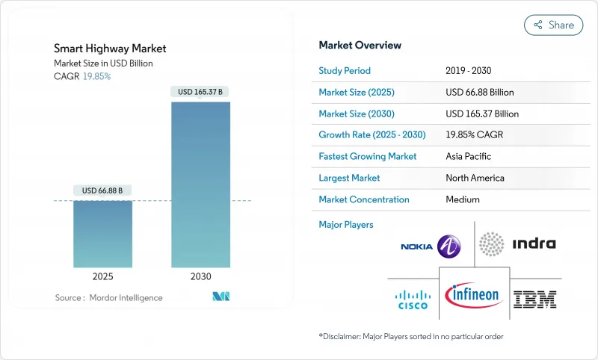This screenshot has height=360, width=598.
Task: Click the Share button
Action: click(553, 25)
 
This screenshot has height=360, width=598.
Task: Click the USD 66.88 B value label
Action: click(103, 190)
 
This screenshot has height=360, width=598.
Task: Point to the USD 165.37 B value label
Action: click(201, 92)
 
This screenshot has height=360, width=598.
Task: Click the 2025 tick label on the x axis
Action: click(103, 276)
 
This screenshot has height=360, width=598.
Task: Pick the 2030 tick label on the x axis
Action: click(201, 276)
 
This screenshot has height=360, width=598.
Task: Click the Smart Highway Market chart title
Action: click(110, 49)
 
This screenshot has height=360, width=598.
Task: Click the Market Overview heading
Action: click(360, 45)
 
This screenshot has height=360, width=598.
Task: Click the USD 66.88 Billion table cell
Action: click(479, 92)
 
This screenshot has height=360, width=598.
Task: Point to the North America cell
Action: click(475, 178)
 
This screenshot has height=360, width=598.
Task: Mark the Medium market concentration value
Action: click(463, 199)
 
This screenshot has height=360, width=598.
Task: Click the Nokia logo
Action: click(431, 246)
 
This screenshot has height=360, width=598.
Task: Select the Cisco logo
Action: click(412, 300)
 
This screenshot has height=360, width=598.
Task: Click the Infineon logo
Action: click(473, 295)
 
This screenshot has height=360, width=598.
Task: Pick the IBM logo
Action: click(535, 300)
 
